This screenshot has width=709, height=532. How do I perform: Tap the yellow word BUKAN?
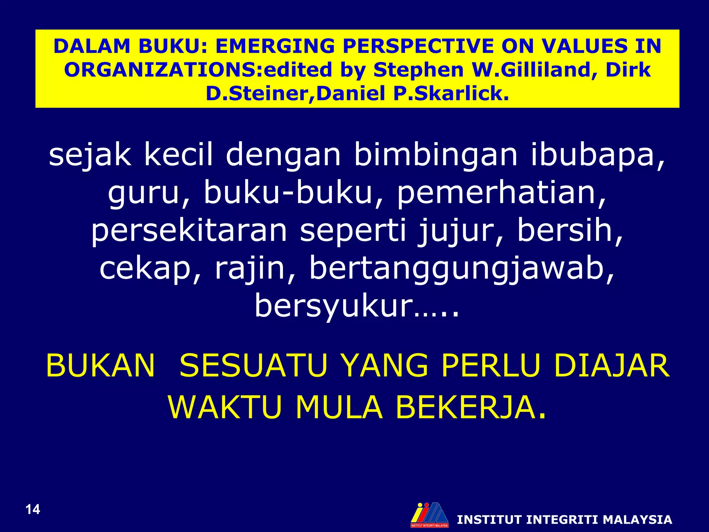(x=100, y=366)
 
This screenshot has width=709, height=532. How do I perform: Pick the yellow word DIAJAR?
(x=611, y=366)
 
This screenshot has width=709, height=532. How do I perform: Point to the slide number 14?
(x=33, y=509)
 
